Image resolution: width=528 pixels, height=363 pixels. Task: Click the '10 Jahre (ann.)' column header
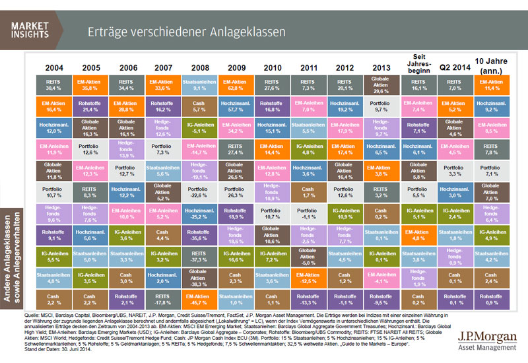pos(491,65)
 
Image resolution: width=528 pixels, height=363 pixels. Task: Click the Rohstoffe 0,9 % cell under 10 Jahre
pos(491,302)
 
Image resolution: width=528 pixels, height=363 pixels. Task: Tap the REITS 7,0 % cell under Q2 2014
pos(454,84)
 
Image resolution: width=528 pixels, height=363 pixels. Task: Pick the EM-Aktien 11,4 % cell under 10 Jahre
pos(491,84)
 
